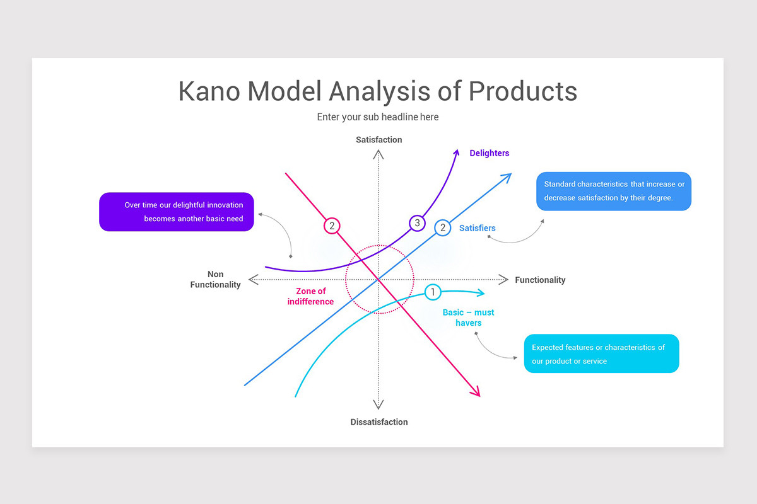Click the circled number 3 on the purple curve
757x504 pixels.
(x=417, y=223)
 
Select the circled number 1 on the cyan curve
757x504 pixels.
(x=433, y=292)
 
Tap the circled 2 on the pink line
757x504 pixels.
(x=332, y=226)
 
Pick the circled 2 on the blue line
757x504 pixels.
(x=443, y=227)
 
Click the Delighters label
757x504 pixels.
(x=489, y=153)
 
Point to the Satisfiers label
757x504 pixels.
(x=477, y=228)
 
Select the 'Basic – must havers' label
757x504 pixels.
(x=468, y=318)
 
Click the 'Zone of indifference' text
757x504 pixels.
(x=311, y=296)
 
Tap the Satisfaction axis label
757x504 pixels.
(x=378, y=140)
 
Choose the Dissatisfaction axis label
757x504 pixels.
(x=379, y=422)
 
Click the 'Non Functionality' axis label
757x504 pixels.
(x=216, y=280)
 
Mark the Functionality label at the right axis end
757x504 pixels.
(x=540, y=280)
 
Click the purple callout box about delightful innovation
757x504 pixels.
(x=177, y=212)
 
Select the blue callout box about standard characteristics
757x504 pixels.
(x=613, y=191)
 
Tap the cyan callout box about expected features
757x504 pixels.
(x=601, y=353)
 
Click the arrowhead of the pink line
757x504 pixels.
(x=477, y=393)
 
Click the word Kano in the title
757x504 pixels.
(x=209, y=91)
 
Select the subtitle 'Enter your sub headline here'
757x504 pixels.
(x=378, y=117)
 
